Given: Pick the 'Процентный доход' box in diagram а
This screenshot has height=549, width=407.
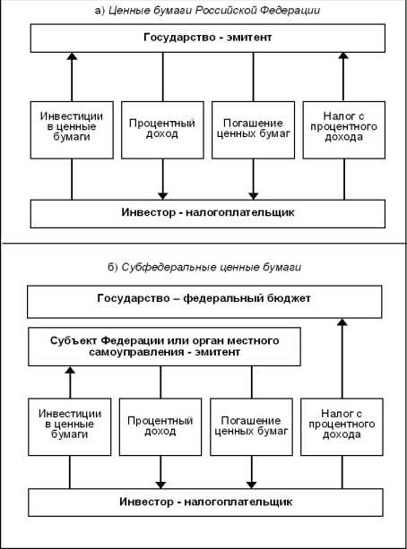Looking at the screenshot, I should (x=161, y=129).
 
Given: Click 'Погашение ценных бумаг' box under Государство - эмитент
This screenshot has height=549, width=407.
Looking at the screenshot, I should (x=252, y=129).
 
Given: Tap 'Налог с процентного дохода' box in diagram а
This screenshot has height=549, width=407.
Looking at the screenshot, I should (x=342, y=129).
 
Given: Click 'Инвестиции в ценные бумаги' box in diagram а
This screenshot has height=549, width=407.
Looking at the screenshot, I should (x=71, y=129).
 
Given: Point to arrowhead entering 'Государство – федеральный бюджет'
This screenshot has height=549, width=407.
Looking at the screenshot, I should (x=342, y=323).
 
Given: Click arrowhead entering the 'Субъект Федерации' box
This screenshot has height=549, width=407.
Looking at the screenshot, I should (x=71, y=371).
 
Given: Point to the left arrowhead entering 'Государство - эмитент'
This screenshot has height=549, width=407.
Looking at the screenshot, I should (x=71, y=56).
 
